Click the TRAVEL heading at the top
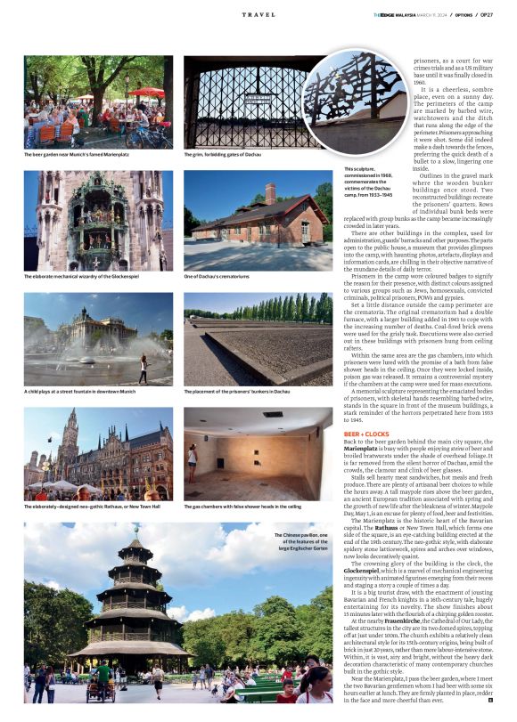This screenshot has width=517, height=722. [x=258, y=15]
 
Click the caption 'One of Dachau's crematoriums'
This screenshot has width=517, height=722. [x=217, y=277]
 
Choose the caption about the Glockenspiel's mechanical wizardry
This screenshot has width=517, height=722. [x=85, y=277]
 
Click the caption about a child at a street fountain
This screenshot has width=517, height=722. [x=80, y=391]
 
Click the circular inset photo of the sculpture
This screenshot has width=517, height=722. [x=357, y=101]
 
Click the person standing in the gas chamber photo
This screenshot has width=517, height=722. [x=192, y=461]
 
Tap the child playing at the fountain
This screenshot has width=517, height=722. [x=141, y=368]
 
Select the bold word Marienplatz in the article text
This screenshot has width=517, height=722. [x=363, y=452]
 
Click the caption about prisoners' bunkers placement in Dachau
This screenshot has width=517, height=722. [x=237, y=391]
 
